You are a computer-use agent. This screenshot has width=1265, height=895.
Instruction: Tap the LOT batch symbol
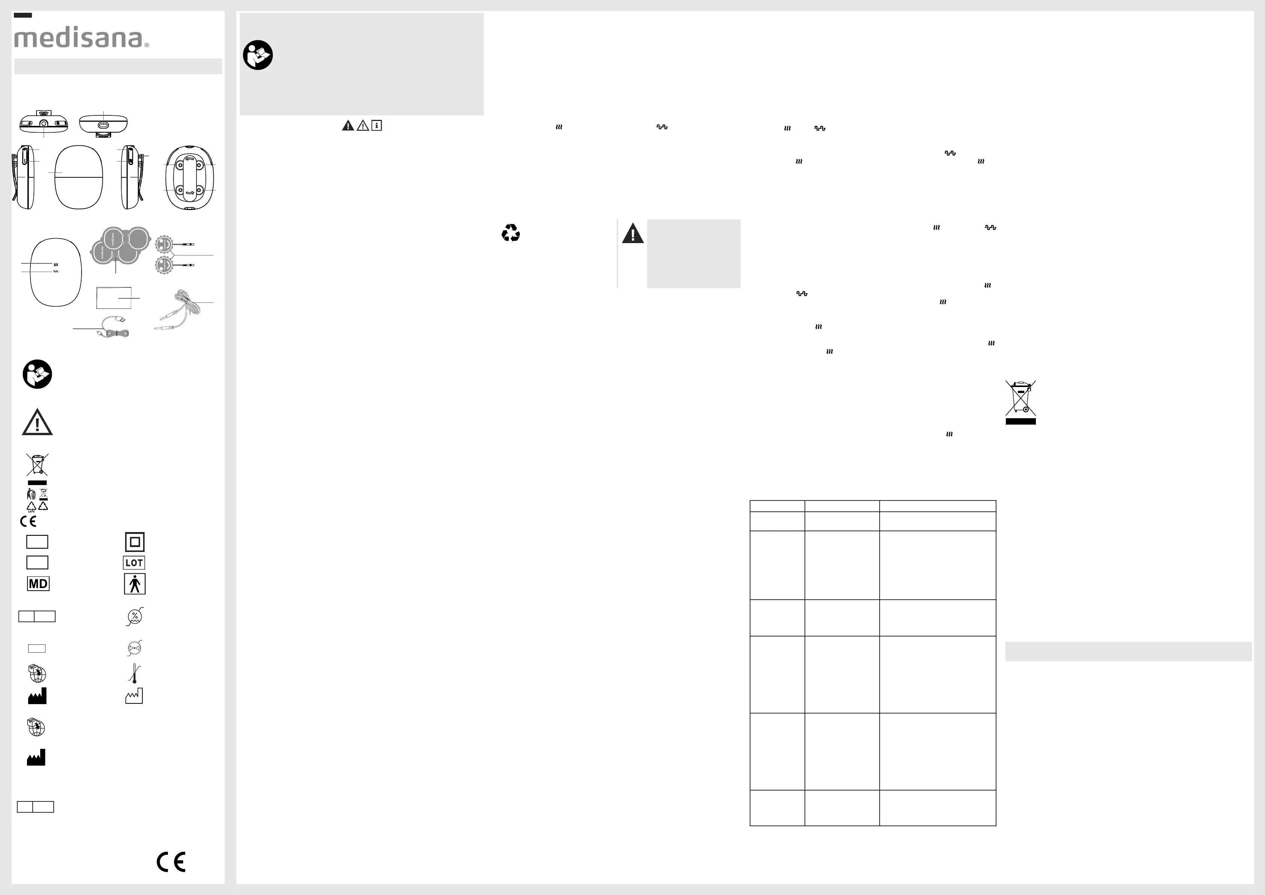[134, 563]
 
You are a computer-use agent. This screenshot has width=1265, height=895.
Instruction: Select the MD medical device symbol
[38, 584]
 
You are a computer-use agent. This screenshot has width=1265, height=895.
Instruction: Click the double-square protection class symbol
[134, 542]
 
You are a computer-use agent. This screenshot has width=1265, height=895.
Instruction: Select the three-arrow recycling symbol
[511, 233]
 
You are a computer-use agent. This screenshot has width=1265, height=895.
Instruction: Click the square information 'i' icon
[377, 125]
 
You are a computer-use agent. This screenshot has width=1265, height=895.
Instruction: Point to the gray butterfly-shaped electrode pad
[121, 246]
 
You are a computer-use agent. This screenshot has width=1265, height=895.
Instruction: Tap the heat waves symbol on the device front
[56, 265]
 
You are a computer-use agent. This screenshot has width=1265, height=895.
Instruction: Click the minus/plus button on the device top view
[26, 124]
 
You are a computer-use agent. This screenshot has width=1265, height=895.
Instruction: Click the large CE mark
[171, 862]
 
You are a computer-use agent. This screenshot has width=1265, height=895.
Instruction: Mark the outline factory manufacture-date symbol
[134, 696]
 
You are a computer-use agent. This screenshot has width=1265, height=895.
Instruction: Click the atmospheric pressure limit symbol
[134, 648]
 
